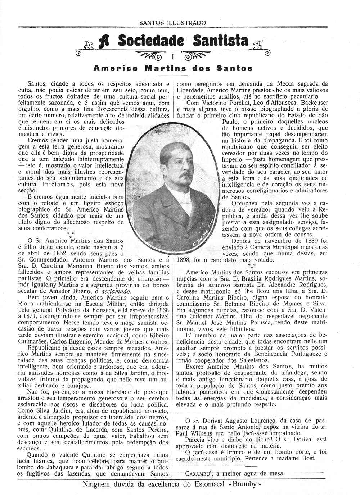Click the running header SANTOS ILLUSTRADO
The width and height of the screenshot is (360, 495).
[172, 23]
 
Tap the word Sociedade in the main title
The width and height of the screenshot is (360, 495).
[151, 41]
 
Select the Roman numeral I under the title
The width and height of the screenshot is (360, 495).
[173, 57]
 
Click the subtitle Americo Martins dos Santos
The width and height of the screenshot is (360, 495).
[173, 68]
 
